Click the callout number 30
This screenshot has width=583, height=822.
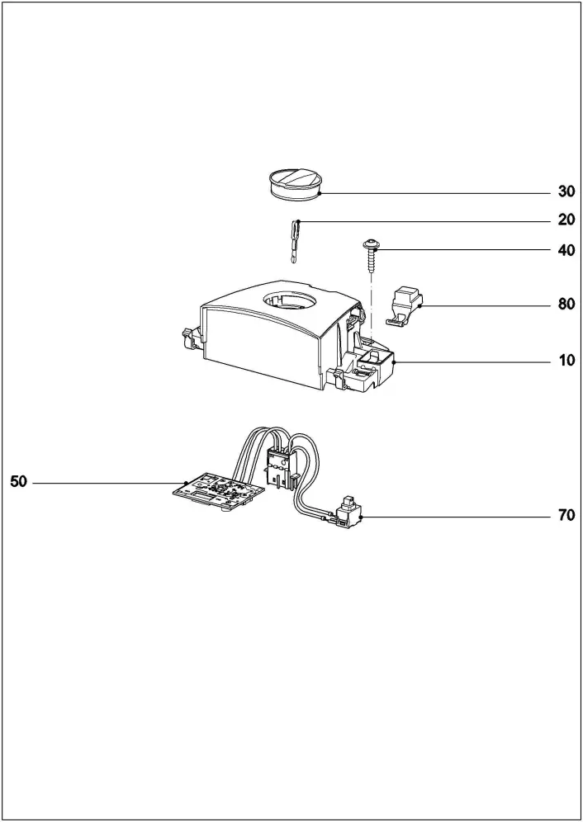[x=566, y=191]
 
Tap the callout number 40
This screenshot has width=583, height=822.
[x=566, y=250]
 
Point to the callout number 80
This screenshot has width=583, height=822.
[x=566, y=304]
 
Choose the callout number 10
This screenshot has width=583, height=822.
[x=566, y=361]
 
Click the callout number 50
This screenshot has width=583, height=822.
[x=18, y=482]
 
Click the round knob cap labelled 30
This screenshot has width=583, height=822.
[x=295, y=182]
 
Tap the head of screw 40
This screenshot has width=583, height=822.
[x=372, y=243]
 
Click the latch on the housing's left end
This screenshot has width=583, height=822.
[x=187, y=338]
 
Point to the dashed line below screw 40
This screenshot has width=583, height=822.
[x=372, y=309]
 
